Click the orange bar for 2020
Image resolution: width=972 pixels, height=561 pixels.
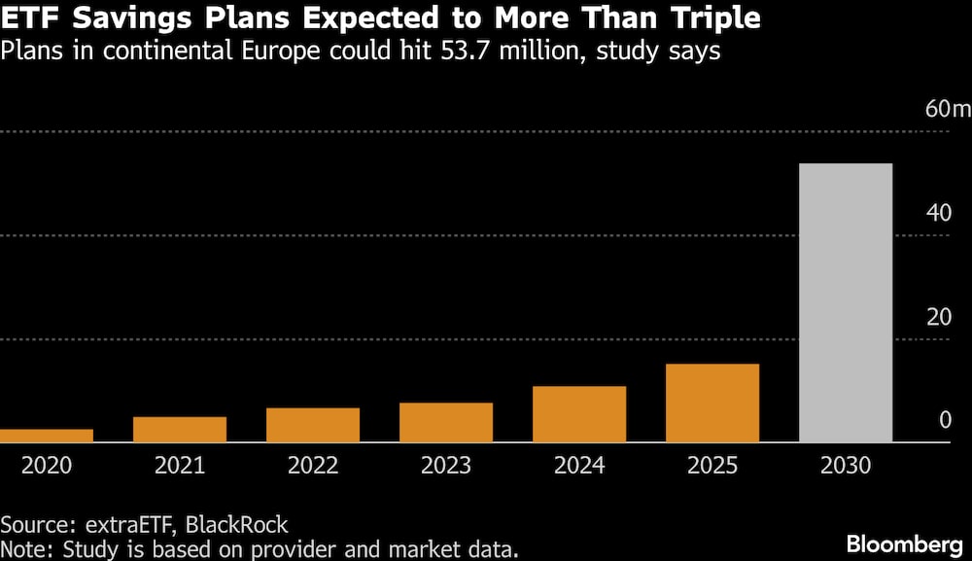[x=47, y=436]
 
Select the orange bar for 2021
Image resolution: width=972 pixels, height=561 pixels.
[x=180, y=429]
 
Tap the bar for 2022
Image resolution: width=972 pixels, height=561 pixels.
[x=313, y=425]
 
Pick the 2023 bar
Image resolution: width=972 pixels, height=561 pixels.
[x=446, y=422]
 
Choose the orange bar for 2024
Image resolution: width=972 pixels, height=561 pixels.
[x=579, y=414]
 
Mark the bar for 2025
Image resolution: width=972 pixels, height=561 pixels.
[x=712, y=403]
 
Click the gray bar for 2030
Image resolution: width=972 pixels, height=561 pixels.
[x=847, y=302]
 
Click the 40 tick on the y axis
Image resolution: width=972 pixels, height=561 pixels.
[x=939, y=213]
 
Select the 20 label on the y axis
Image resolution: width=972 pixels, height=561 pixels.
[x=939, y=317]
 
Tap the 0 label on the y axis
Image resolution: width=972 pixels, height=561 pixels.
[x=946, y=420]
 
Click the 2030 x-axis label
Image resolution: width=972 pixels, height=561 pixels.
[x=847, y=465]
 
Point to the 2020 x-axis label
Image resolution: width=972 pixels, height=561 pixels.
[x=47, y=465]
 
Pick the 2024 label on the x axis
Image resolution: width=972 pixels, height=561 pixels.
[x=579, y=465]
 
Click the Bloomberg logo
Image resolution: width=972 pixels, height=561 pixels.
[x=904, y=544]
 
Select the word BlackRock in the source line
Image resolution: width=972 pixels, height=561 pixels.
[x=237, y=524]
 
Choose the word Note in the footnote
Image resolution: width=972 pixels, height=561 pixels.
[x=26, y=549]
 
